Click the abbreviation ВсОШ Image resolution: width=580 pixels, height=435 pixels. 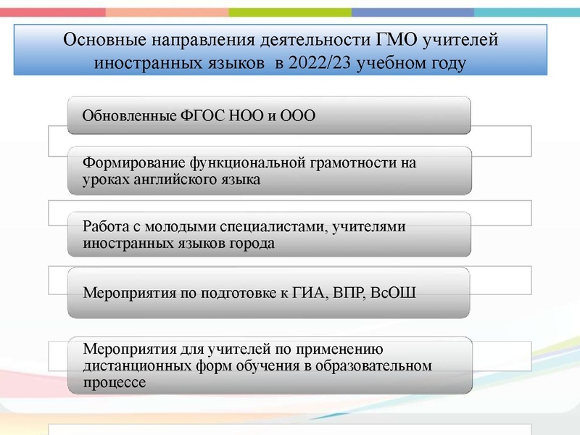click(396, 294)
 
